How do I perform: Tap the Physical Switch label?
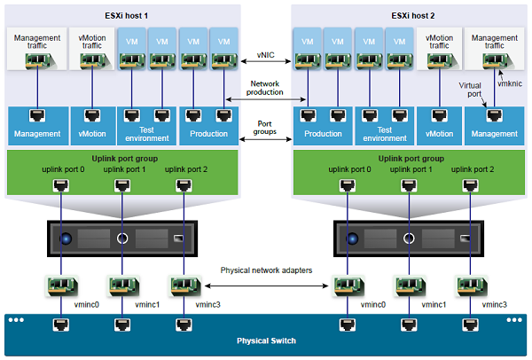[265, 340]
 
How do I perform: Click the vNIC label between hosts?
[265, 55]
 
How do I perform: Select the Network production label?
[265, 87]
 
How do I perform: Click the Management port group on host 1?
[36, 134]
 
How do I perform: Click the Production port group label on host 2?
[322, 134]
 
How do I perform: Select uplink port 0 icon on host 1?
[60, 185]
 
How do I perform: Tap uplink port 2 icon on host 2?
[469, 185]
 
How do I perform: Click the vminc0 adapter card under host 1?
[60, 285]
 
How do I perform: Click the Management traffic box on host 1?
[36, 50]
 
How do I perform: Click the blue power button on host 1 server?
[65, 239]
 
